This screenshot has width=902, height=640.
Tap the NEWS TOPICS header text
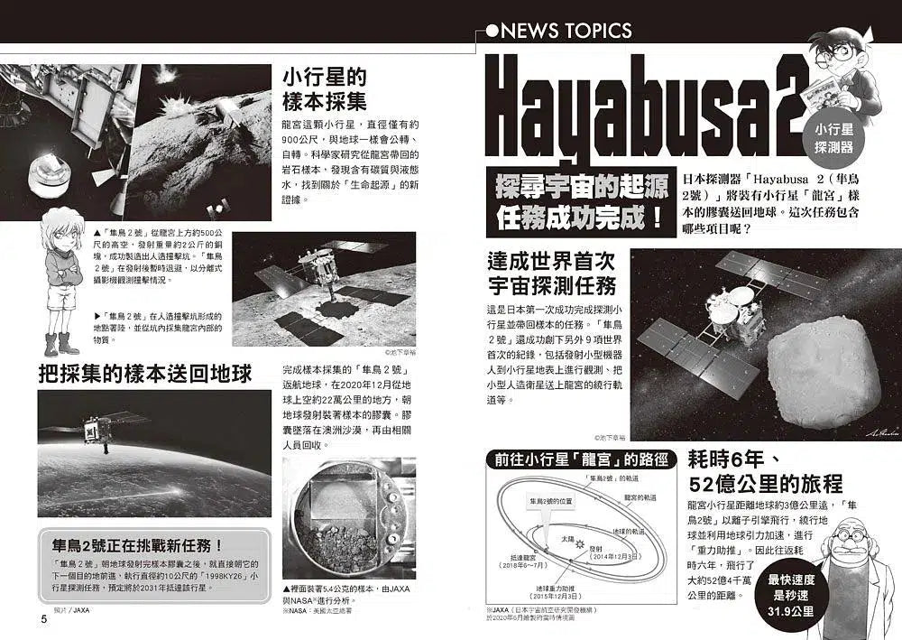pyautogui.click(x=566, y=31)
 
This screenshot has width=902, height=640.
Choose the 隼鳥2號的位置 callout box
pyautogui.click(x=552, y=500)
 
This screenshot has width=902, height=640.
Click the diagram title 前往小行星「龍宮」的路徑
pyautogui.click(x=580, y=459)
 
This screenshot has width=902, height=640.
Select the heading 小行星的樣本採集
pyautogui.click(x=324, y=88)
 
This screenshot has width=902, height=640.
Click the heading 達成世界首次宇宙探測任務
pyautogui.click(x=550, y=274)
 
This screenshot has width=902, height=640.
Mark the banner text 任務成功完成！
pyautogui.click(x=580, y=217)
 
